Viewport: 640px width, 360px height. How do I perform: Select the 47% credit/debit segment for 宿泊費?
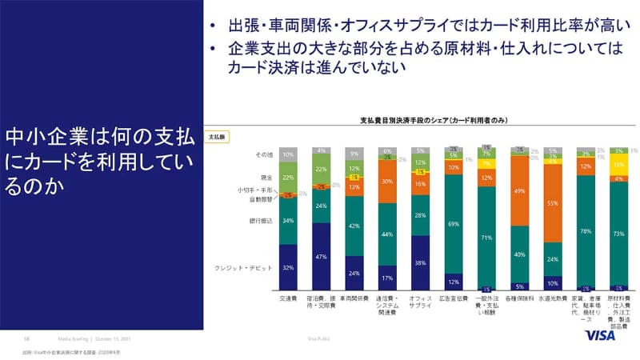(321, 256)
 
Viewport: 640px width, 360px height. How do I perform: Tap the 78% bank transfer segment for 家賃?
(586, 230)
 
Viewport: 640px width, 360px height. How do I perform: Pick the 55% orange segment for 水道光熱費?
(552, 204)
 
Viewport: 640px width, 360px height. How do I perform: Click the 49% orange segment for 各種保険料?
(519, 192)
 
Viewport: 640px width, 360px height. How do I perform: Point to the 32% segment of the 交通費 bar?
(288, 266)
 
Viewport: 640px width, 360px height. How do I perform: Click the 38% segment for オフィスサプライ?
(420, 262)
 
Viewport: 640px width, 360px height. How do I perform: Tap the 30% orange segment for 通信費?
(387, 182)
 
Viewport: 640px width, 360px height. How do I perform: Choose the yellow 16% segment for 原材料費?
(618, 164)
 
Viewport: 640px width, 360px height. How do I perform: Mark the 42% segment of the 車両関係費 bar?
(354, 226)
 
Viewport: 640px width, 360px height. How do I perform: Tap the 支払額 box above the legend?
(218, 137)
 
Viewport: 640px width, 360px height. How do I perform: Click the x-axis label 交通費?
(288, 297)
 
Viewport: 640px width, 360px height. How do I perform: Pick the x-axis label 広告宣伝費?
(454, 297)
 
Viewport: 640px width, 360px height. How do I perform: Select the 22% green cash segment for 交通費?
(288, 178)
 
